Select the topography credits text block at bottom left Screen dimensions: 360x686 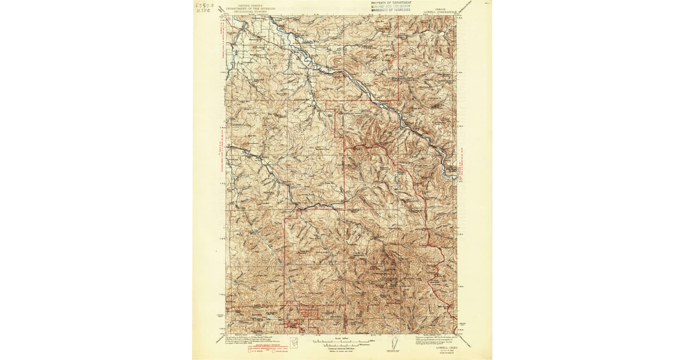pos(248,339)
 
